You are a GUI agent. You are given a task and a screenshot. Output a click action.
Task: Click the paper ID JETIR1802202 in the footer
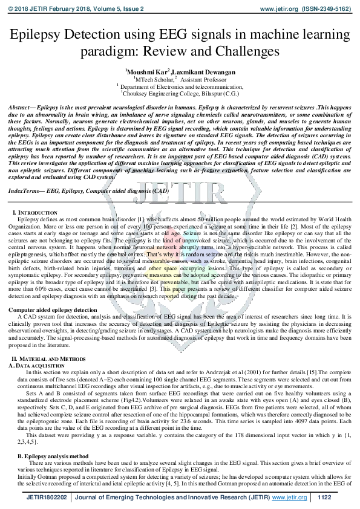(46, 497)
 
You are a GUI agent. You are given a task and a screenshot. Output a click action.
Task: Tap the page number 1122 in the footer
(325, 497)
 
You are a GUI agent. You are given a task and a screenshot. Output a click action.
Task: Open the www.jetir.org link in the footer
(287, 497)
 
